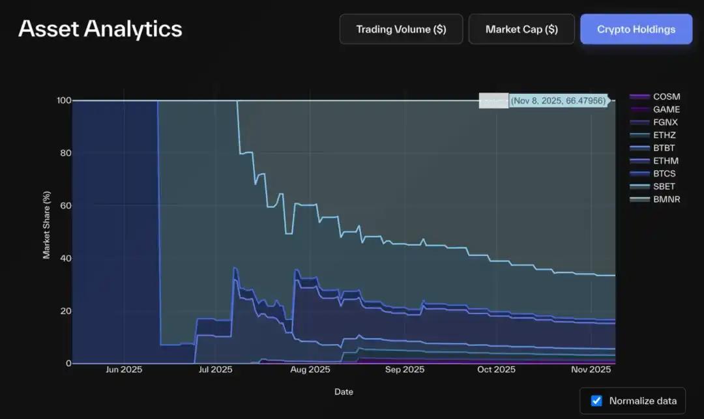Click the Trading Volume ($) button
click(401, 29)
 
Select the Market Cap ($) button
click(521, 29)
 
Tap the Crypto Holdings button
click(636, 29)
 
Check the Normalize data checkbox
click(596, 401)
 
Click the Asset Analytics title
click(100, 29)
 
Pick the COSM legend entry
click(666, 96)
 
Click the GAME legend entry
click(666, 109)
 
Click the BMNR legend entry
click(666, 199)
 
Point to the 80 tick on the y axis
click(64, 153)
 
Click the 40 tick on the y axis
click(64, 258)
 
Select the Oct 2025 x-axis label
click(496, 369)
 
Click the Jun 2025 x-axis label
click(124, 369)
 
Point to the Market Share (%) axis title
click(47, 225)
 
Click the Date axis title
click(344, 392)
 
